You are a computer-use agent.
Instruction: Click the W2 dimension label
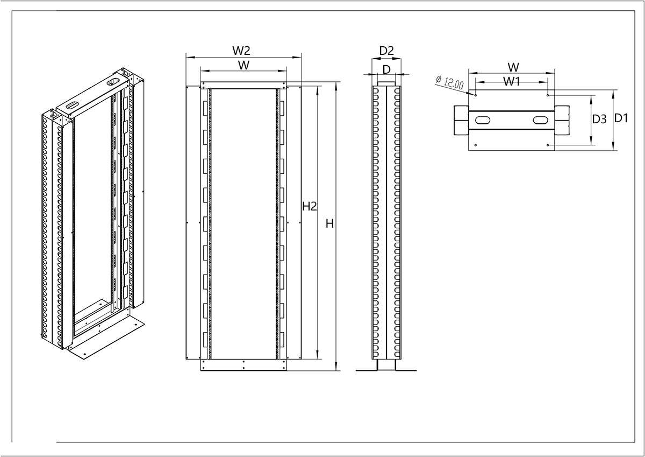click(241, 51)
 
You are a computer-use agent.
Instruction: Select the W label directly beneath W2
click(242, 65)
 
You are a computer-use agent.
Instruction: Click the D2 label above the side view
click(386, 51)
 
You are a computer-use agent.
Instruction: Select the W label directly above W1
click(513, 67)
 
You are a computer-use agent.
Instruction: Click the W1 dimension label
click(511, 81)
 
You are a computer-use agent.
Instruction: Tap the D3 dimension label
click(599, 119)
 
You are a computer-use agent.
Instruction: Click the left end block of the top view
click(461, 121)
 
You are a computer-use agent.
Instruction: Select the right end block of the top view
click(562, 121)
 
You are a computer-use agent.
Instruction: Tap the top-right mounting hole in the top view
click(547, 95)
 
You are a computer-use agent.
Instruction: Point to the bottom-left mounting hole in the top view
click(476, 145)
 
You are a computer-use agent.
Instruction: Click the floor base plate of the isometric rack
click(107, 339)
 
